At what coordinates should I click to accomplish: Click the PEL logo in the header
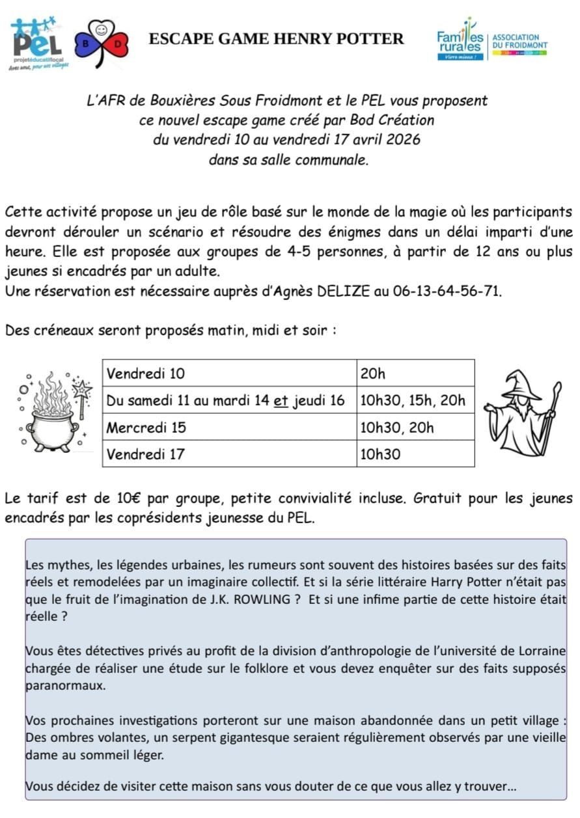pos(36,43)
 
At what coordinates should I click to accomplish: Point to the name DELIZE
pos(342,291)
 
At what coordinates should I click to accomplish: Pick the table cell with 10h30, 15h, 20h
pos(415,400)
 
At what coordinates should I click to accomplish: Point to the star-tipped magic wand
pos(83,398)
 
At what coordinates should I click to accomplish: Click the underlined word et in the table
pos(281,401)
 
